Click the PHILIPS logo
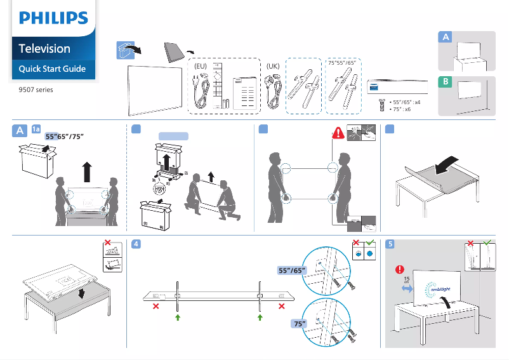click(x=53, y=18)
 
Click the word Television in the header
click(x=44, y=48)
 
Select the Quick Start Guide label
click(x=52, y=69)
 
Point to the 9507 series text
click(x=36, y=90)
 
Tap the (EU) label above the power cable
click(x=201, y=65)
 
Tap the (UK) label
click(x=273, y=65)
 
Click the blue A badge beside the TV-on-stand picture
click(x=446, y=38)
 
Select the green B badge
click(x=446, y=83)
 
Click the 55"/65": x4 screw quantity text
click(x=405, y=102)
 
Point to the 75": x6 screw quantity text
click(x=400, y=109)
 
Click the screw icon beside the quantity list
click(x=381, y=105)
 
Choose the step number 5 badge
click(x=392, y=243)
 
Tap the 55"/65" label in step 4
click(x=293, y=270)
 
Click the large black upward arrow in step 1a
click(x=87, y=172)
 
